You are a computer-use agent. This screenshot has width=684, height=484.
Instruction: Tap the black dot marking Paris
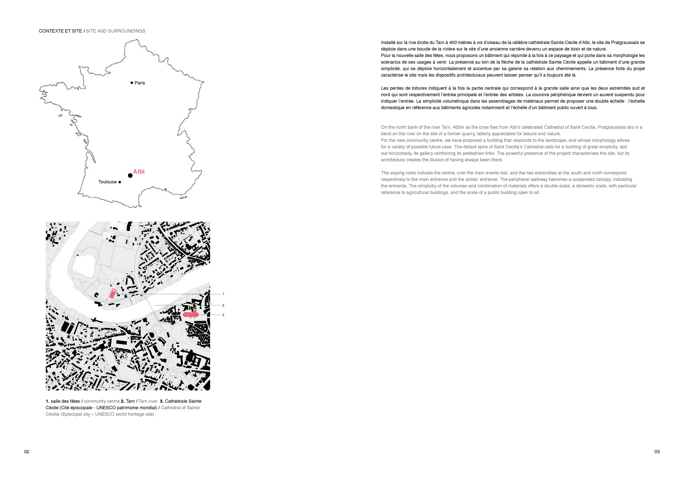[x=132, y=83]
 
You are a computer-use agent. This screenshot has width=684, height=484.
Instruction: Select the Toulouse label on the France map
[x=108, y=182]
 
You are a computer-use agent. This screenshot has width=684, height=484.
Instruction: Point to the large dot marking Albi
[x=130, y=175]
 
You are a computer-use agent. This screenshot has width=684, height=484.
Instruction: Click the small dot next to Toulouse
[x=120, y=182]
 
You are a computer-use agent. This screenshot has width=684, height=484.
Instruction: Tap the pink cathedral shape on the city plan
[x=191, y=314]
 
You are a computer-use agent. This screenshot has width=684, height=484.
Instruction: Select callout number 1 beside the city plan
[x=223, y=294]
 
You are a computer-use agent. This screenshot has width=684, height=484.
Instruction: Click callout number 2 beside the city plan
[x=223, y=305]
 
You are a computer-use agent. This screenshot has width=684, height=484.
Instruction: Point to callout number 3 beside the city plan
[x=223, y=315]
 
